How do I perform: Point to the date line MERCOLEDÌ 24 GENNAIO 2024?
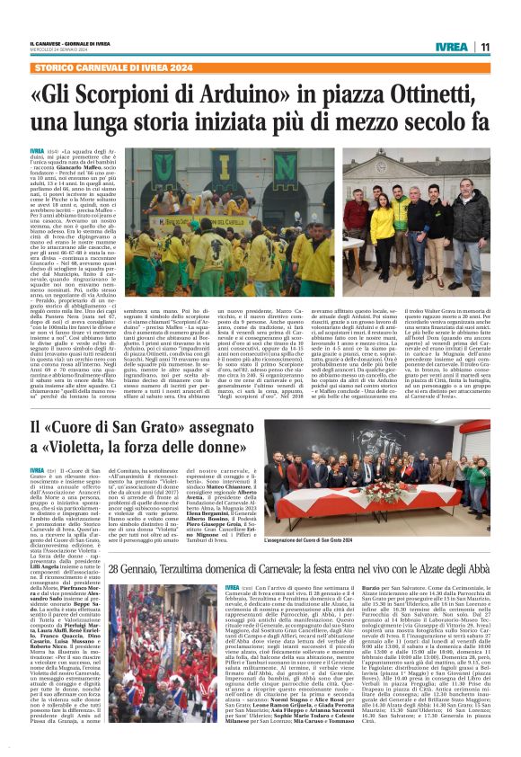pos(60,50)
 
